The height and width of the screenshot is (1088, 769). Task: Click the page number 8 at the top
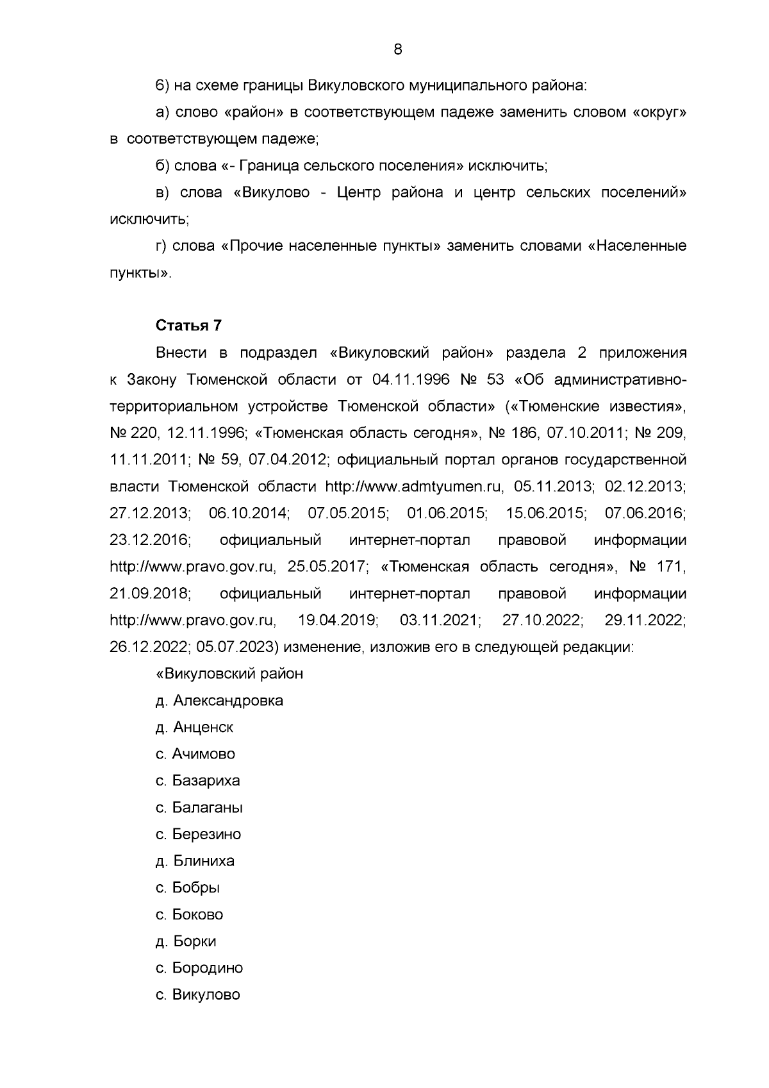[397, 49]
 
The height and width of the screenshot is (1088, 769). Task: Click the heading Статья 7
[188, 326]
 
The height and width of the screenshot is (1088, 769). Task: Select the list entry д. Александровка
[219, 700]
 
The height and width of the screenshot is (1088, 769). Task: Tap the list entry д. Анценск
[194, 727]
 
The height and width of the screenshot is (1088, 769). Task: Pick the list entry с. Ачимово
[195, 754]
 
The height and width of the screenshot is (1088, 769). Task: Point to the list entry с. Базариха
[198, 781]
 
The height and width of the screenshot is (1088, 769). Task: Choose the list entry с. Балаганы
[199, 808]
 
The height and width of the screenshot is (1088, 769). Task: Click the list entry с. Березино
[199, 834]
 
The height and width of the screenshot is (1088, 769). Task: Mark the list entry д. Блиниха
[195, 861]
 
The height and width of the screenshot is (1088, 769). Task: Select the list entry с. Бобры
[188, 888]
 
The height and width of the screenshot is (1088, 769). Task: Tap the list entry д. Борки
[186, 941]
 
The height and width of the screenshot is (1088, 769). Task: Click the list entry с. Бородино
[199, 968]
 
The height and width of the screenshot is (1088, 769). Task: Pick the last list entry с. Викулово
[198, 995]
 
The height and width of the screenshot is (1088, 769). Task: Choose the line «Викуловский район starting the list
[229, 674]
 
